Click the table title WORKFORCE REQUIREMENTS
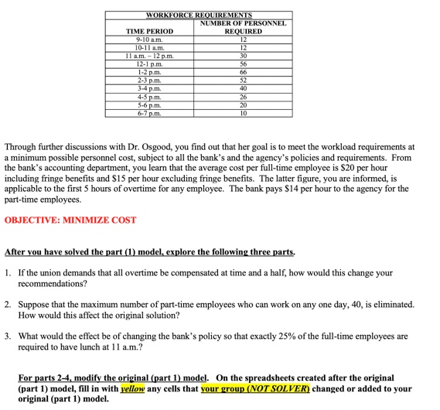199,15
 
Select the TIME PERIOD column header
149,32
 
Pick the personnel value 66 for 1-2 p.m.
243,72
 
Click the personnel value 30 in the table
243,56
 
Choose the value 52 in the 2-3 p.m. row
243,80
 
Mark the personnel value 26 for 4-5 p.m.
243,96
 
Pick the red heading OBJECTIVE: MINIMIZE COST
70,220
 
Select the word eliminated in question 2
394,305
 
